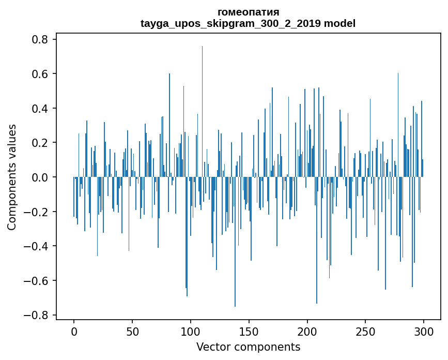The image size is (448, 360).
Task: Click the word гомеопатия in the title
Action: pos(248,12)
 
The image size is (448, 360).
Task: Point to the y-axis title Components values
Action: pos(12,177)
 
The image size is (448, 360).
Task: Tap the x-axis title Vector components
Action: pos(248,347)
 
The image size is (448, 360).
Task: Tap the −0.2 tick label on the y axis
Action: pos(36,212)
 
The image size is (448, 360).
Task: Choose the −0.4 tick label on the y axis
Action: pos(36,246)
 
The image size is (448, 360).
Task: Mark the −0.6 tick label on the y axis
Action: pos(36,281)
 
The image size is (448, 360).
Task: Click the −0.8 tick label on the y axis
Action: pos(36,315)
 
